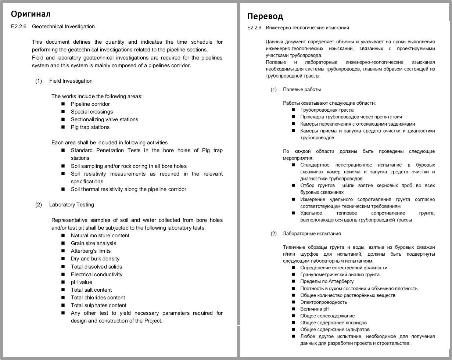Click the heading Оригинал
(x=31, y=14)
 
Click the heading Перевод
(x=265, y=16)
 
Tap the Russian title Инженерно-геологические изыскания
(x=307, y=28)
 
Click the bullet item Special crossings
(x=92, y=112)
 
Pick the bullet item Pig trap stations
(x=90, y=127)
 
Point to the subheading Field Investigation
(x=71, y=81)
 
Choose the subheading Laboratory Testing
(x=72, y=205)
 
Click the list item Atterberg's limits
(x=91, y=251)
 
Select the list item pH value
(x=82, y=282)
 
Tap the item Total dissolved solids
(x=96, y=267)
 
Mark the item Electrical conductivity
(x=97, y=274)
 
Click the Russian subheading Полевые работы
(x=302, y=89)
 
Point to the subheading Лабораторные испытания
(x=312, y=233)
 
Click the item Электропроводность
(x=323, y=302)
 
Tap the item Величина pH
(x=315, y=309)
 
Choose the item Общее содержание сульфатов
(x=335, y=330)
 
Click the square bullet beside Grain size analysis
(x=63, y=243)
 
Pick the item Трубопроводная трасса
(x=327, y=110)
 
